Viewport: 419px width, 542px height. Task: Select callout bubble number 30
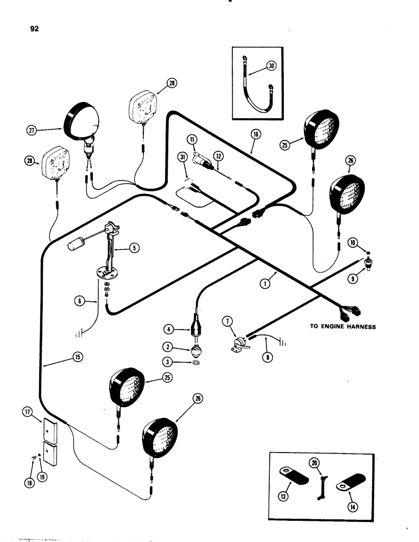pos(271,67)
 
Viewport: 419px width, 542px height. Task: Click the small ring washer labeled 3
pos(195,362)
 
